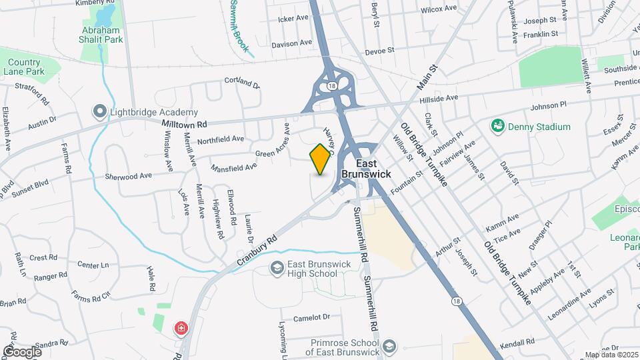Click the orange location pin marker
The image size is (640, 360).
coord(321,159)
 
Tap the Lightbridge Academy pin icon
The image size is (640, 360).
coord(101,111)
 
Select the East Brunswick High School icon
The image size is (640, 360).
coord(277,267)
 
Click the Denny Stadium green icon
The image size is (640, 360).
coord(497,125)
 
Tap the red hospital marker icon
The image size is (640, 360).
coord(180,328)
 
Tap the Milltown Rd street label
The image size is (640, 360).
coord(185,124)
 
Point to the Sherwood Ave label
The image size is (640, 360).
coord(129,177)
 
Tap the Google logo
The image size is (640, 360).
coord(22,351)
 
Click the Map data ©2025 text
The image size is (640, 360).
coord(611,355)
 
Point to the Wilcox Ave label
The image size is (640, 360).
coord(438,10)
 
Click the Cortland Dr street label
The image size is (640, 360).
coord(241,83)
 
